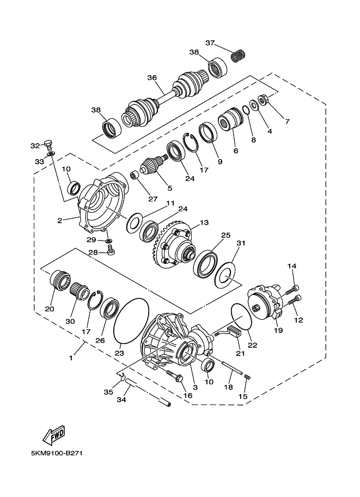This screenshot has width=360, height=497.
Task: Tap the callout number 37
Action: [x=211, y=43]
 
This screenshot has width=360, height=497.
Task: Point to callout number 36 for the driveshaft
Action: [x=152, y=77]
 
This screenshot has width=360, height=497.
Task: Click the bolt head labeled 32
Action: [x=48, y=144]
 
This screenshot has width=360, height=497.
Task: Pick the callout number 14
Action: [x=292, y=266]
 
